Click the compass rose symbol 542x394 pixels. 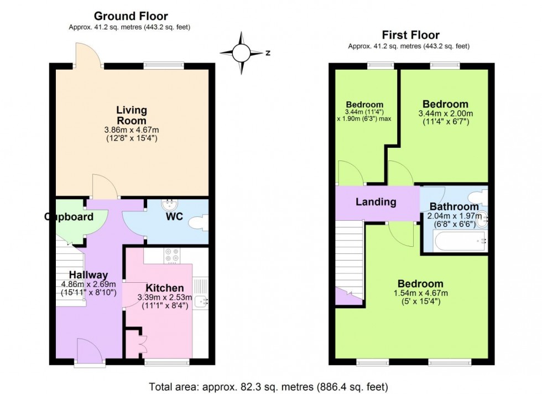[x=241, y=53]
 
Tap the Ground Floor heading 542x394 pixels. [x=131, y=16]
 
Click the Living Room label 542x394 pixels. [x=132, y=115]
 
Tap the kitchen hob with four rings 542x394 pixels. [x=171, y=255]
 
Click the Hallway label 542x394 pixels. [x=88, y=274]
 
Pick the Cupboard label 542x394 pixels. [x=69, y=217]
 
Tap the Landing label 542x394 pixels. [x=376, y=202]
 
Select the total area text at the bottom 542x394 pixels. [x=268, y=386]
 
